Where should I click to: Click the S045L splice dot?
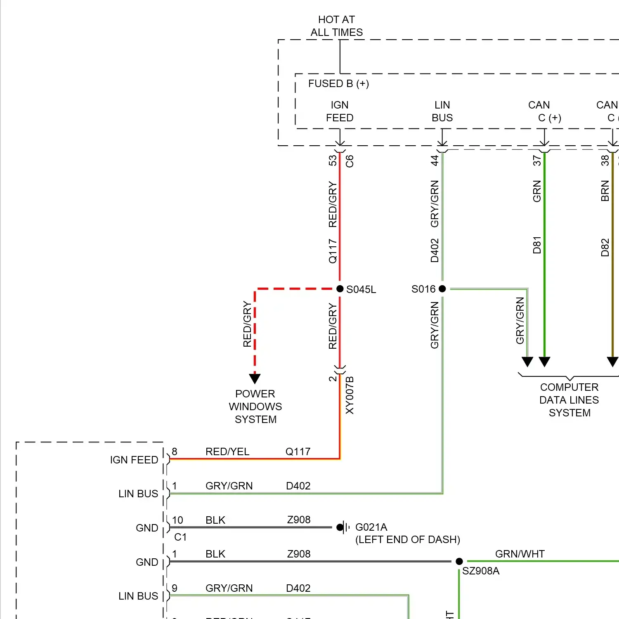(x=340, y=289)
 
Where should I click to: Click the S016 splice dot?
(x=442, y=289)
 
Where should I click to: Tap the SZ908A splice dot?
(x=459, y=561)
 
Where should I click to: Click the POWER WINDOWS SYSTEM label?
(x=255, y=406)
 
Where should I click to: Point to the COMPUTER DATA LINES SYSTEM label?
(x=569, y=400)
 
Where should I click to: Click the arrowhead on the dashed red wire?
(x=255, y=378)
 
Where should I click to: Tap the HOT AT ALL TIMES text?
(x=337, y=26)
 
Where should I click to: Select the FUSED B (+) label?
(x=338, y=84)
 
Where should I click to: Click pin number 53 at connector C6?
(x=333, y=160)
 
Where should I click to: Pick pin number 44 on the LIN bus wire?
(x=435, y=160)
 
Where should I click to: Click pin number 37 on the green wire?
(x=536, y=160)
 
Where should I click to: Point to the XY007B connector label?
(x=350, y=395)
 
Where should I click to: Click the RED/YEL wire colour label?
(x=227, y=451)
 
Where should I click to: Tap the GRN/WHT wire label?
(x=520, y=554)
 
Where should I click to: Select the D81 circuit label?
(x=536, y=245)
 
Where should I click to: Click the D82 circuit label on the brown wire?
(x=605, y=248)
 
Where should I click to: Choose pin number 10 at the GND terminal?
(x=177, y=520)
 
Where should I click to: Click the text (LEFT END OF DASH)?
(x=407, y=539)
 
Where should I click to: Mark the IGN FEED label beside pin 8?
(x=134, y=460)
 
